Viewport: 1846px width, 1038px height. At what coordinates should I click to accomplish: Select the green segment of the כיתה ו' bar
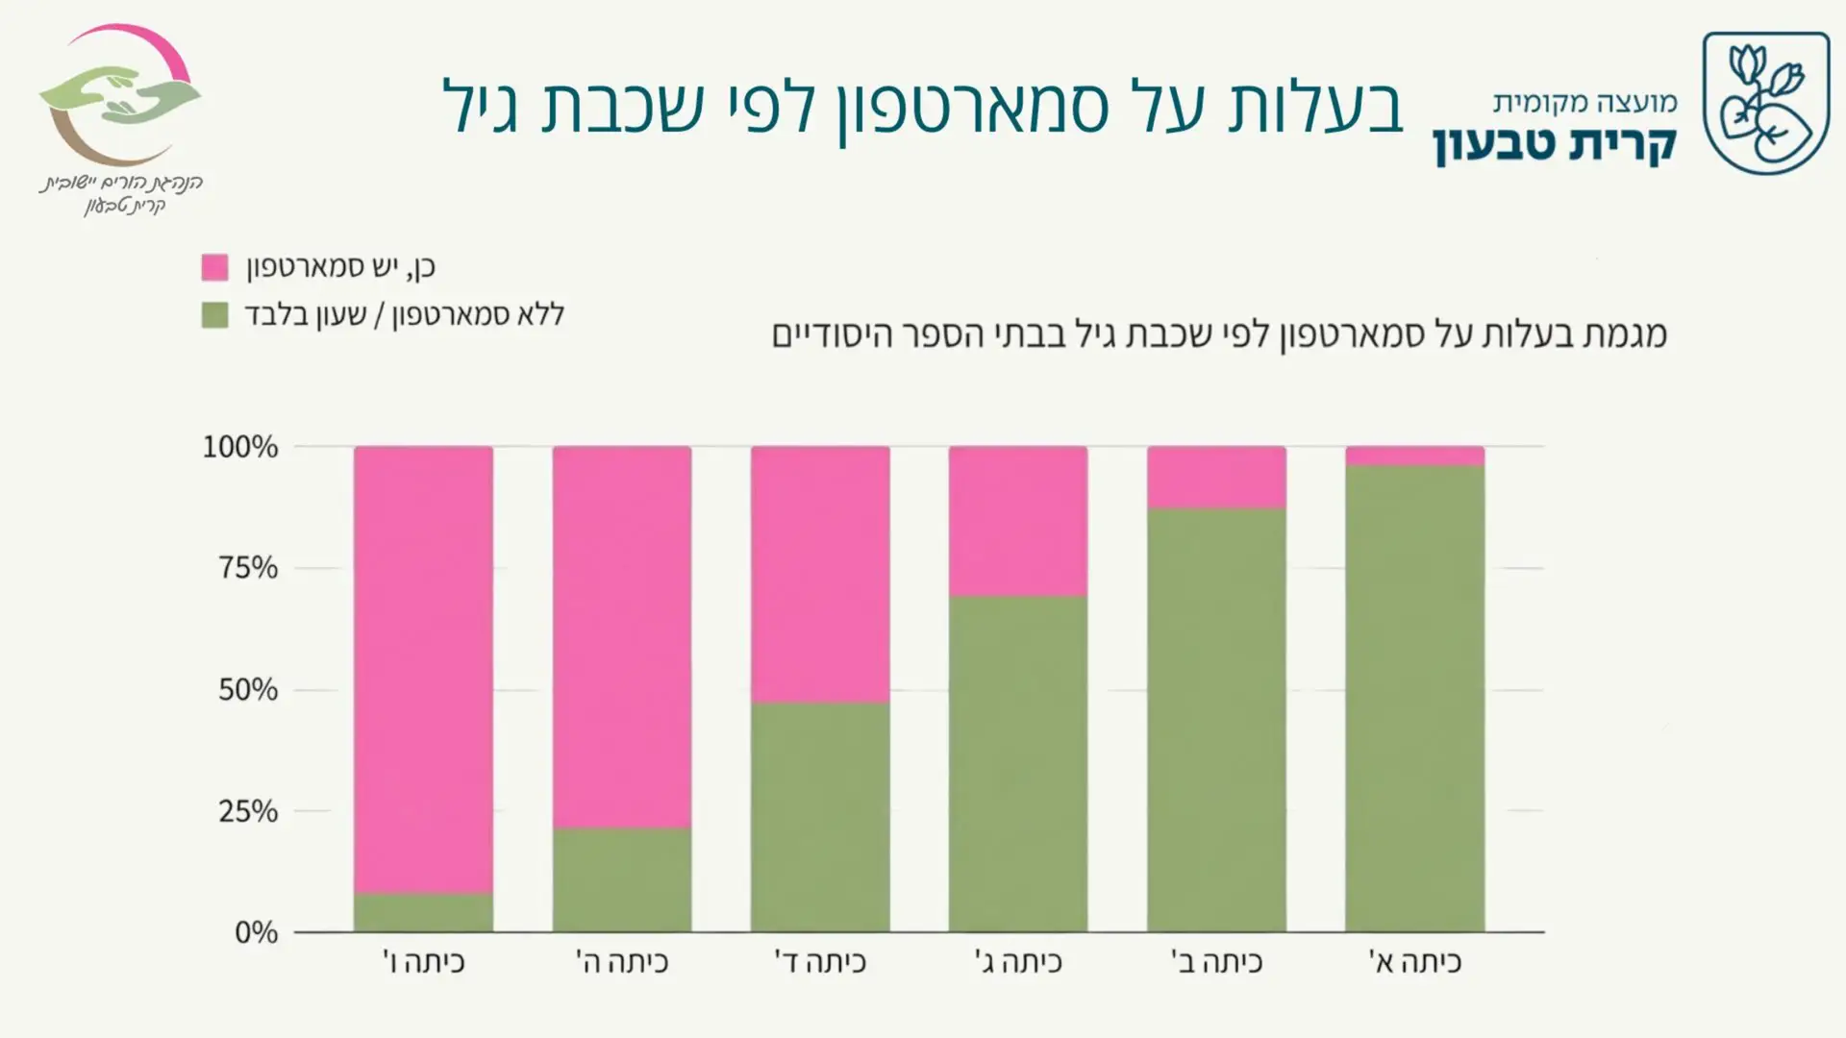(423, 912)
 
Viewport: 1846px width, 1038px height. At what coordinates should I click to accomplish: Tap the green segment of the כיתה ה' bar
(621, 879)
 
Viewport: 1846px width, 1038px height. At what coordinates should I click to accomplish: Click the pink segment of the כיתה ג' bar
(1017, 521)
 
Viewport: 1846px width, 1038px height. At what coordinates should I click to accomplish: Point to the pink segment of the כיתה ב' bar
(1215, 477)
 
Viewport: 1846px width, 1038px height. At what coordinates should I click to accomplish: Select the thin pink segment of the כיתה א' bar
(1413, 456)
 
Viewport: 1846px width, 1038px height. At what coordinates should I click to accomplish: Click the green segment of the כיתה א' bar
(1413, 698)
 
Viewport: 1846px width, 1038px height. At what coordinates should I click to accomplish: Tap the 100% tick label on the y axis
(239, 447)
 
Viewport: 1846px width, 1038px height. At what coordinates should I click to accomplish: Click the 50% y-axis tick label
(247, 690)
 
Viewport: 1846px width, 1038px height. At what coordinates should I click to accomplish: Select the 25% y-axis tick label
(247, 811)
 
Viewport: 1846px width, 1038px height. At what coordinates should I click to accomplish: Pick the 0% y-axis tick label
(256, 932)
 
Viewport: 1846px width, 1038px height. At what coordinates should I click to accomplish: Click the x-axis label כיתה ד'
(819, 962)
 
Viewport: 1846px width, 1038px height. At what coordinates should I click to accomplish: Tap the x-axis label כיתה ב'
(1215, 962)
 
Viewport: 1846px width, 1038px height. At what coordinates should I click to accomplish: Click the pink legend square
(214, 267)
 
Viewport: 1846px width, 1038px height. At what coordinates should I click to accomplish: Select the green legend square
(214, 314)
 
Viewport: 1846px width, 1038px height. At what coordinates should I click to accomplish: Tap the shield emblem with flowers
(1765, 103)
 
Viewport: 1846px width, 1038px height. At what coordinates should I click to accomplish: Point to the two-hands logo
(120, 96)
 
